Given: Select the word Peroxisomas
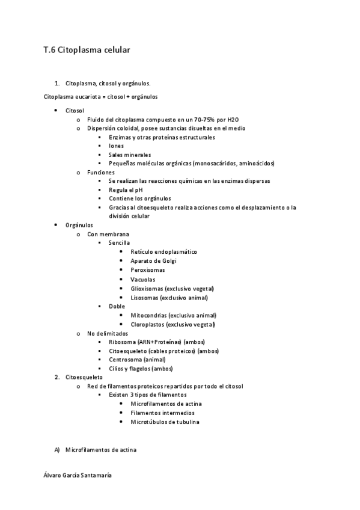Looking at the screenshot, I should [148, 270].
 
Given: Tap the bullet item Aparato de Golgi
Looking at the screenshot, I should [153, 261].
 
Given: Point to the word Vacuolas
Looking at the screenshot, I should [143, 280].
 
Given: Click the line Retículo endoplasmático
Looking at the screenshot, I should [163, 252].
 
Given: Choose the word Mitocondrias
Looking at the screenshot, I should [148, 315].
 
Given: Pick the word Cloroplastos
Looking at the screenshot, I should [148, 325].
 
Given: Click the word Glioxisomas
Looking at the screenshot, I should [147, 289].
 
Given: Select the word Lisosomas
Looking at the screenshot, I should [144, 298].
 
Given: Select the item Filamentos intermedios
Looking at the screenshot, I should [162, 413].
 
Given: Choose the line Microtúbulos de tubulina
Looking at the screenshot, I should [165, 422].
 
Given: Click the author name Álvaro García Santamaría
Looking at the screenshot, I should [78, 475].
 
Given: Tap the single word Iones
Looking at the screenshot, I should [117, 146].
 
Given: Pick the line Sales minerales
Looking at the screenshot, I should [130, 155].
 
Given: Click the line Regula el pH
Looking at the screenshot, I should [126, 190].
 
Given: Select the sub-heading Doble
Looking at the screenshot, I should [117, 306].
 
